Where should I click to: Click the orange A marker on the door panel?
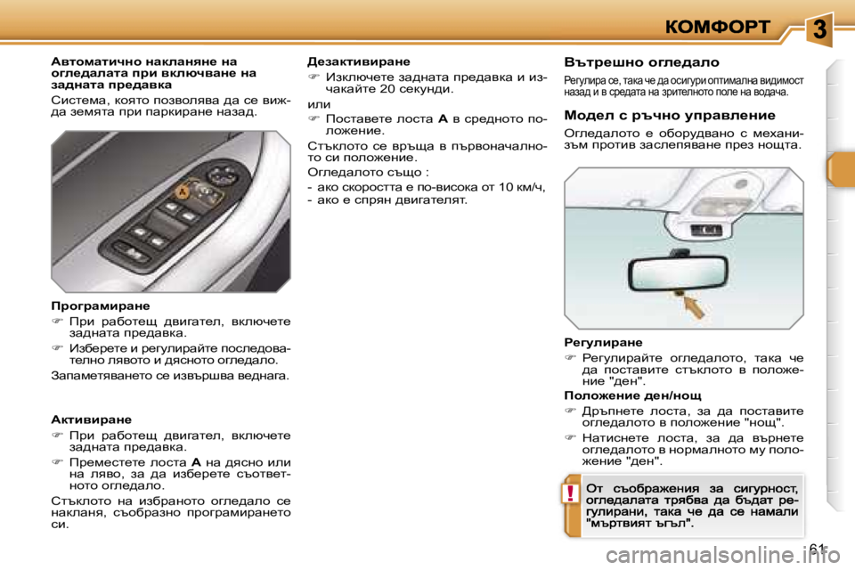(182, 190)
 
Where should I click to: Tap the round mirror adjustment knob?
(207, 191)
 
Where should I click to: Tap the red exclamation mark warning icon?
(567, 493)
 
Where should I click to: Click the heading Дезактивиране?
(358, 61)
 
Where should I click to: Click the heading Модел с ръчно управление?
(657, 115)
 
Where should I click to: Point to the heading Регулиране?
(603, 341)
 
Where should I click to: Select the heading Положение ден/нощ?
(632, 395)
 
